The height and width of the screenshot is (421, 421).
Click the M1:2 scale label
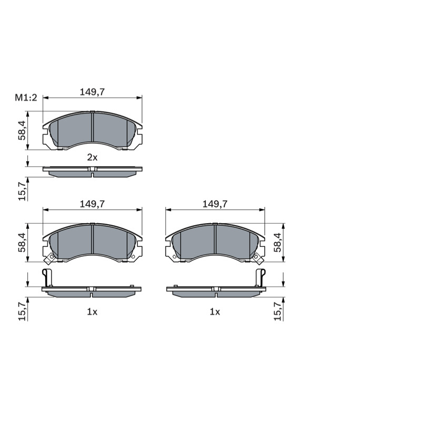click(x=26, y=98)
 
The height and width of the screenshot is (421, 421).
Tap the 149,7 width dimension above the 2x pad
click(x=92, y=92)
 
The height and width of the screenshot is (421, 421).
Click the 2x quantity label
click(x=92, y=157)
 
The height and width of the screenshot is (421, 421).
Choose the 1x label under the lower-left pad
click(x=92, y=312)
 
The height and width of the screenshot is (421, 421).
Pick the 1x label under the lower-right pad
click(x=215, y=312)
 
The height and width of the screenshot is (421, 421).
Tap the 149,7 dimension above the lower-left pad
click(x=92, y=204)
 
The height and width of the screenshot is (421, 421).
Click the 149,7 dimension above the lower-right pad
click(x=215, y=204)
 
